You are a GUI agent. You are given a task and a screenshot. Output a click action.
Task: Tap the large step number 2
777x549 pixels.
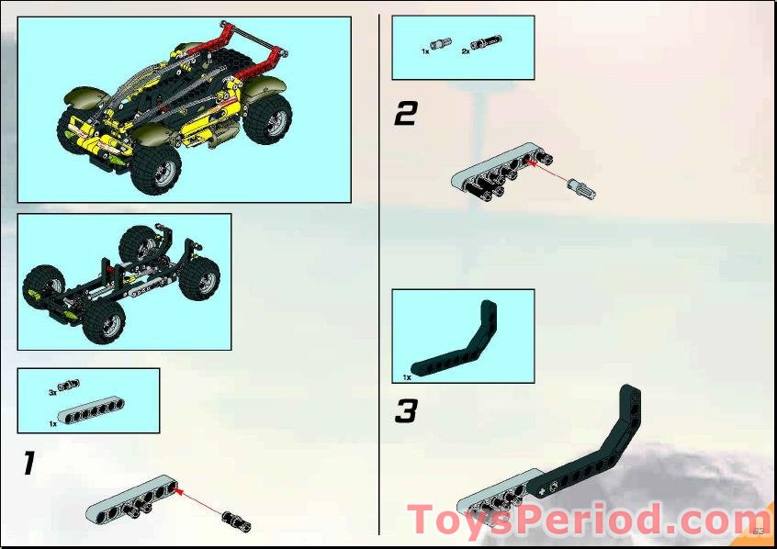pyautogui.click(x=405, y=114)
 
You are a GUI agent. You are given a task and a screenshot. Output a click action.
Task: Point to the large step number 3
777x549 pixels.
pyautogui.click(x=406, y=411)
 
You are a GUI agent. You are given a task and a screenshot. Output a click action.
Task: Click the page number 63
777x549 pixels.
pyautogui.click(x=758, y=531)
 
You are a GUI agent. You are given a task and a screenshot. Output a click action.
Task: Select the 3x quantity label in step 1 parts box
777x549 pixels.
pyautogui.click(x=53, y=391)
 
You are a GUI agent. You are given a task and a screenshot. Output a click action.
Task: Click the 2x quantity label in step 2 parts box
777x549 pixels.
pyautogui.click(x=466, y=52)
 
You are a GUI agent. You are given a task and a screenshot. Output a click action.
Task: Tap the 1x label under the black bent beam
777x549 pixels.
pyautogui.click(x=406, y=376)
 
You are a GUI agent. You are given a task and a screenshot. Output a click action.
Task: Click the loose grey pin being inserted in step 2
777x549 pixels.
pyautogui.click(x=583, y=189)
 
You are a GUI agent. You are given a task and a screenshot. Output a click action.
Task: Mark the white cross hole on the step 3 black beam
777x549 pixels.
pyautogui.click(x=552, y=482)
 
